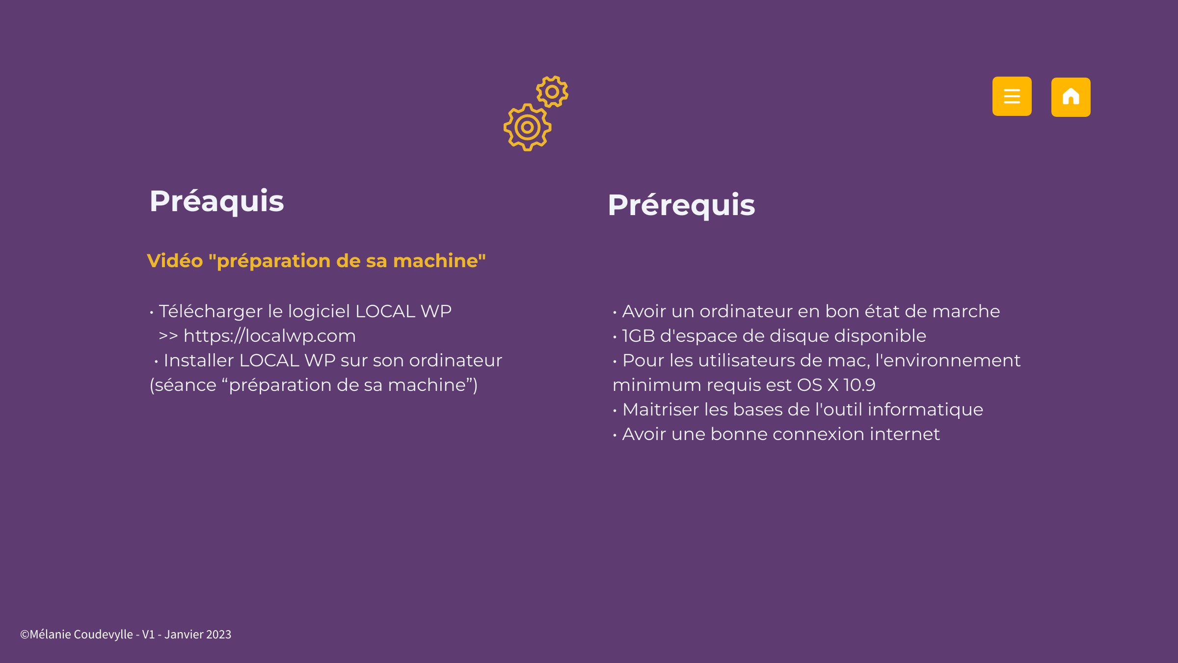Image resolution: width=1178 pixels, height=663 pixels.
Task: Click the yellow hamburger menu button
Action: pyautogui.click(x=1012, y=96)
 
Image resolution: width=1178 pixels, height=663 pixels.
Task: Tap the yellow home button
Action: pyautogui.click(x=1071, y=97)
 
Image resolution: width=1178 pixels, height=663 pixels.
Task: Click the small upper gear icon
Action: pyautogui.click(x=552, y=91)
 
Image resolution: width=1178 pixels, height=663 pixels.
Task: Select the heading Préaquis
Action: pyautogui.click(x=216, y=201)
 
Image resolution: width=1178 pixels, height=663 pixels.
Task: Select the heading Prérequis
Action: pyautogui.click(x=681, y=205)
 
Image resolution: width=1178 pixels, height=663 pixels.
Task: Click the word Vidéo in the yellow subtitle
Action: pyautogui.click(x=175, y=261)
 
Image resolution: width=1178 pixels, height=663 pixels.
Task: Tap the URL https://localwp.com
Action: pyautogui.click(x=269, y=336)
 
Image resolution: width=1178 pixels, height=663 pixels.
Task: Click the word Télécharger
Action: pyautogui.click(x=211, y=311)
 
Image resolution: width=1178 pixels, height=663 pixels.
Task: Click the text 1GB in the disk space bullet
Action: pyautogui.click(x=638, y=336)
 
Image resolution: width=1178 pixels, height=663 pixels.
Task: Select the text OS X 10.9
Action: pyautogui.click(x=836, y=385)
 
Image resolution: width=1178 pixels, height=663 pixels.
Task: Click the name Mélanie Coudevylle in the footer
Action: pyautogui.click(x=81, y=635)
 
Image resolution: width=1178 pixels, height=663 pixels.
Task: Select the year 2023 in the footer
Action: pyautogui.click(x=218, y=635)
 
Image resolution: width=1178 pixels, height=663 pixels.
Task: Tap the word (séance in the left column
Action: pyautogui.click(x=183, y=385)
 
